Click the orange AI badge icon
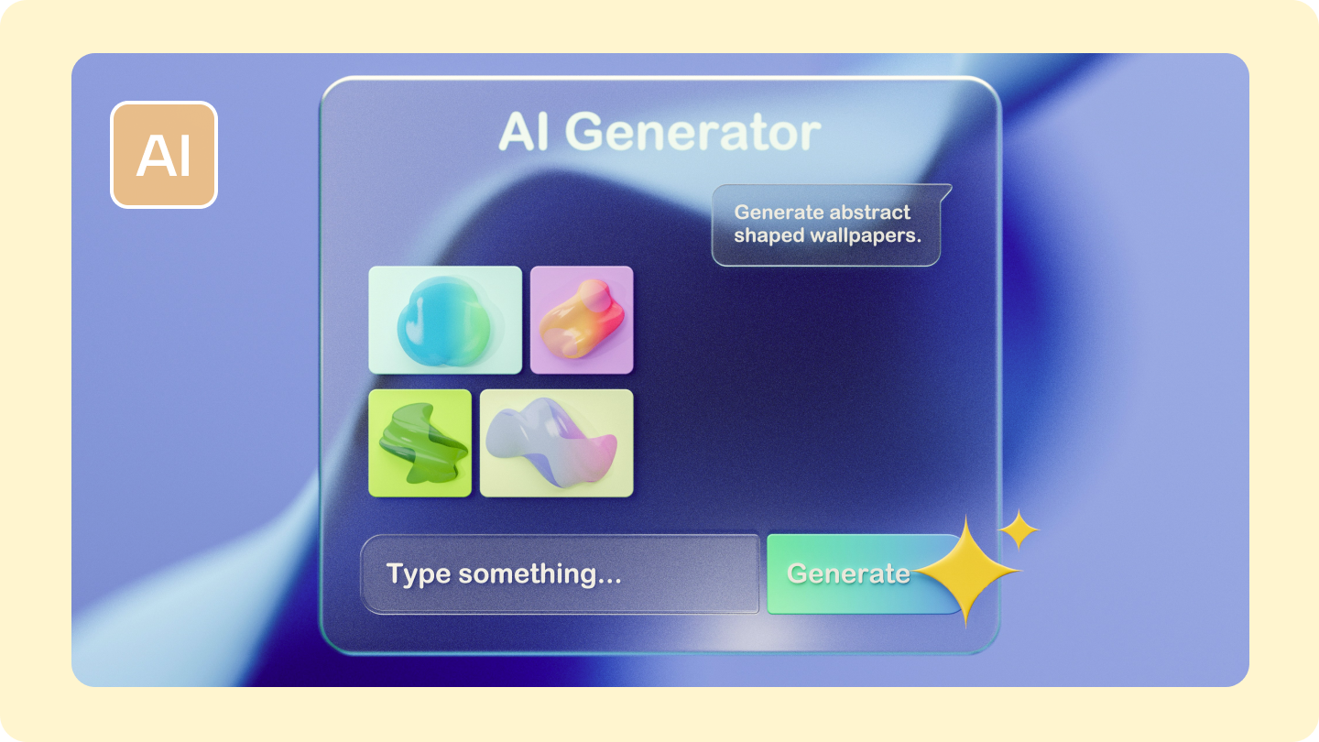[164, 155]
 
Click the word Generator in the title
[698, 134]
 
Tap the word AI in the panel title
[529, 133]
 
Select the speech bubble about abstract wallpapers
[826, 225]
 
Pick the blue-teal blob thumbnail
[445, 320]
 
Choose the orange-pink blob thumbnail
[582, 320]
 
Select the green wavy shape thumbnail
[420, 443]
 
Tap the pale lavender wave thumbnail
[556, 443]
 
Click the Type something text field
[560, 574]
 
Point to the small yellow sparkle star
[1019, 529]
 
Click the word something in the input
[540, 574]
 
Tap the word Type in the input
[418, 574]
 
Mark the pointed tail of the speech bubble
[946, 191]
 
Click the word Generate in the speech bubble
[779, 213]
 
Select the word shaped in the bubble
[769, 235]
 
